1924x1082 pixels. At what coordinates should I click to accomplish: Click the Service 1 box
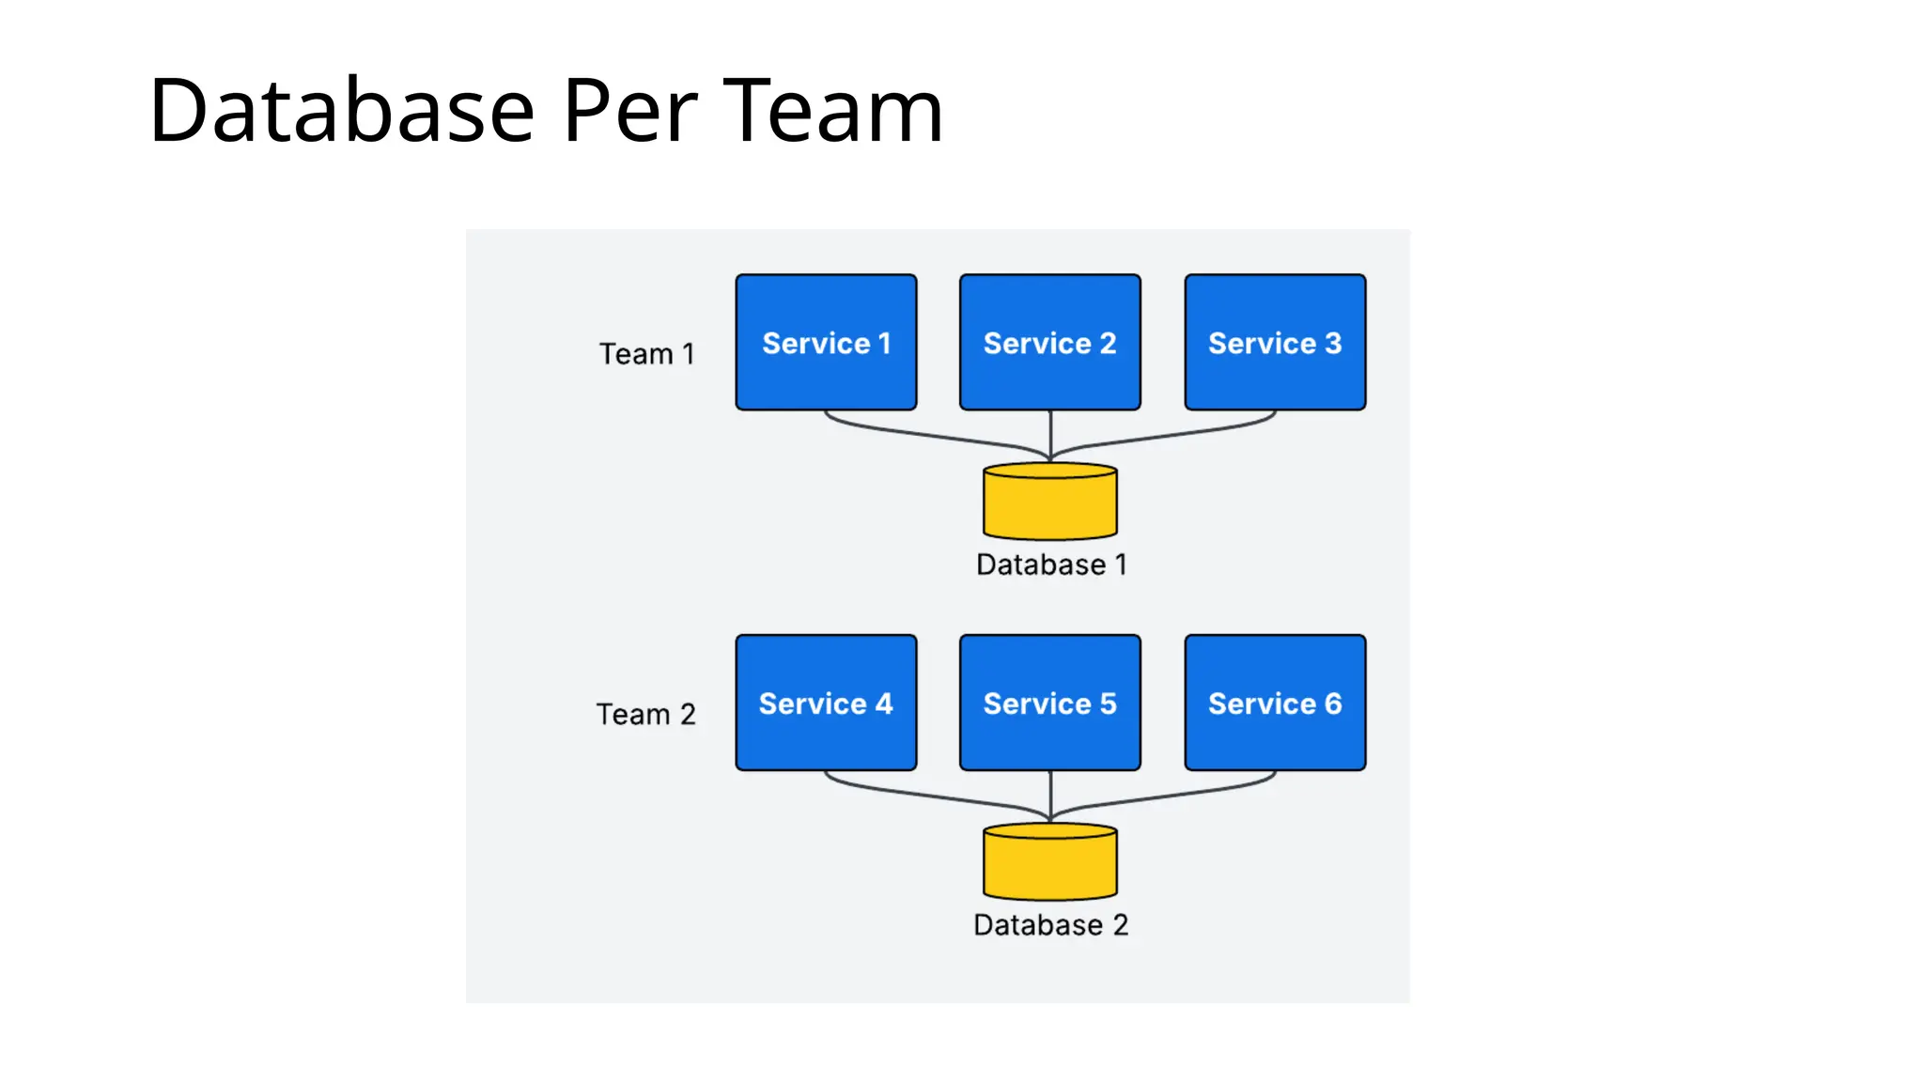tap(826, 342)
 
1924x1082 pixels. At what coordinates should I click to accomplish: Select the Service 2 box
tap(1049, 342)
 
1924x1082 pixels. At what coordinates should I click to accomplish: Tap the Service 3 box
tap(1275, 342)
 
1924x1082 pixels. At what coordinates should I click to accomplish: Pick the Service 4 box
tap(826, 703)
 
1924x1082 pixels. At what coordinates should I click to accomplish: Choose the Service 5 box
tap(1049, 703)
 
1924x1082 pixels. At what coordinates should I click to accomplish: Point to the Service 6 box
tap(1275, 703)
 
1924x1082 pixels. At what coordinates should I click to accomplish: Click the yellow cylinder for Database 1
tap(1049, 503)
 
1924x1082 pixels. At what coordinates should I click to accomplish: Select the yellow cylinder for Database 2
tap(1049, 864)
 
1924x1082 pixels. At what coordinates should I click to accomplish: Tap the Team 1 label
tap(646, 354)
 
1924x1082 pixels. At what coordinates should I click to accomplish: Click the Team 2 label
tap(646, 715)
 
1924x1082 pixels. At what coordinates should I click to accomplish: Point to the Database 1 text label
tap(1050, 564)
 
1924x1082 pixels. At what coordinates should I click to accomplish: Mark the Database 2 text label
tap(1050, 925)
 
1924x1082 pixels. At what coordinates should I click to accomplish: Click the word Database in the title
tap(342, 111)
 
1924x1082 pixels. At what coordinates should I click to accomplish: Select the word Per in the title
tap(629, 111)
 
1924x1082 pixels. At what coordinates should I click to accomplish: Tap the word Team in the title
tap(832, 111)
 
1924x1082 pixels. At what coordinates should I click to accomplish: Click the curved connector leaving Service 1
tap(921, 436)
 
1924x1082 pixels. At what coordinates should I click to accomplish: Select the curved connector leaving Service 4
tap(921, 796)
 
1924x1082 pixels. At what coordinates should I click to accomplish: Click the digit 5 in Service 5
tap(1108, 703)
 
